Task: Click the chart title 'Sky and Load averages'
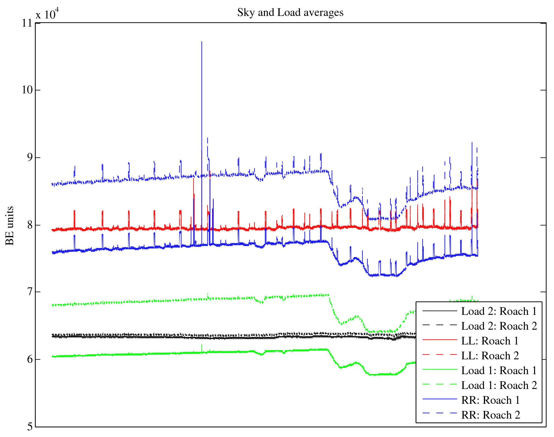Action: pos(290,13)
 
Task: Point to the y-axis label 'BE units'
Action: pos(10,226)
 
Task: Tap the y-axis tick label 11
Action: pos(27,23)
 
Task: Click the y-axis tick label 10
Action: pos(27,90)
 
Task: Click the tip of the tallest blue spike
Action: pos(202,42)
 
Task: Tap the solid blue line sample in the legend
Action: pos(439,399)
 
